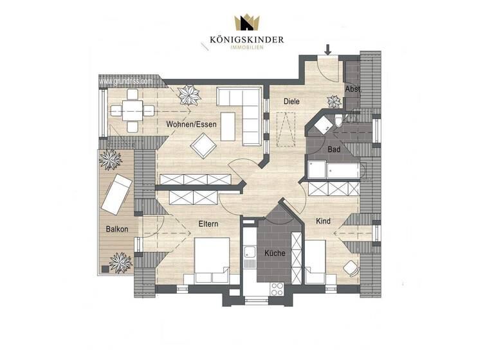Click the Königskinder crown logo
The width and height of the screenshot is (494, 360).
[246, 22]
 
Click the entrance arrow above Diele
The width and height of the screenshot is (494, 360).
[328, 49]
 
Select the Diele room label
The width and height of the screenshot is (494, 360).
[293, 101]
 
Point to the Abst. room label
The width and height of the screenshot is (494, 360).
[352, 89]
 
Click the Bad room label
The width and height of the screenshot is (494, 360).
[334, 149]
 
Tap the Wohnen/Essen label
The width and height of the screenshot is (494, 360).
[191, 124]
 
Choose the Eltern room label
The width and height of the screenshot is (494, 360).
[208, 224]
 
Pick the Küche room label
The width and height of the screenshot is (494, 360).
[275, 253]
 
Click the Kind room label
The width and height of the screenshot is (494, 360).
[324, 221]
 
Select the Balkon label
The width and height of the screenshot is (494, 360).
[117, 229]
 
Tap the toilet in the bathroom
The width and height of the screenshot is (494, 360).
[338, 122]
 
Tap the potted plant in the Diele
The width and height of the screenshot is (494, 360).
[334, 101]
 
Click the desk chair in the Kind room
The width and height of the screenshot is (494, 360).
[351, 267]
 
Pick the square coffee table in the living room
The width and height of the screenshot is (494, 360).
[203, 146]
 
